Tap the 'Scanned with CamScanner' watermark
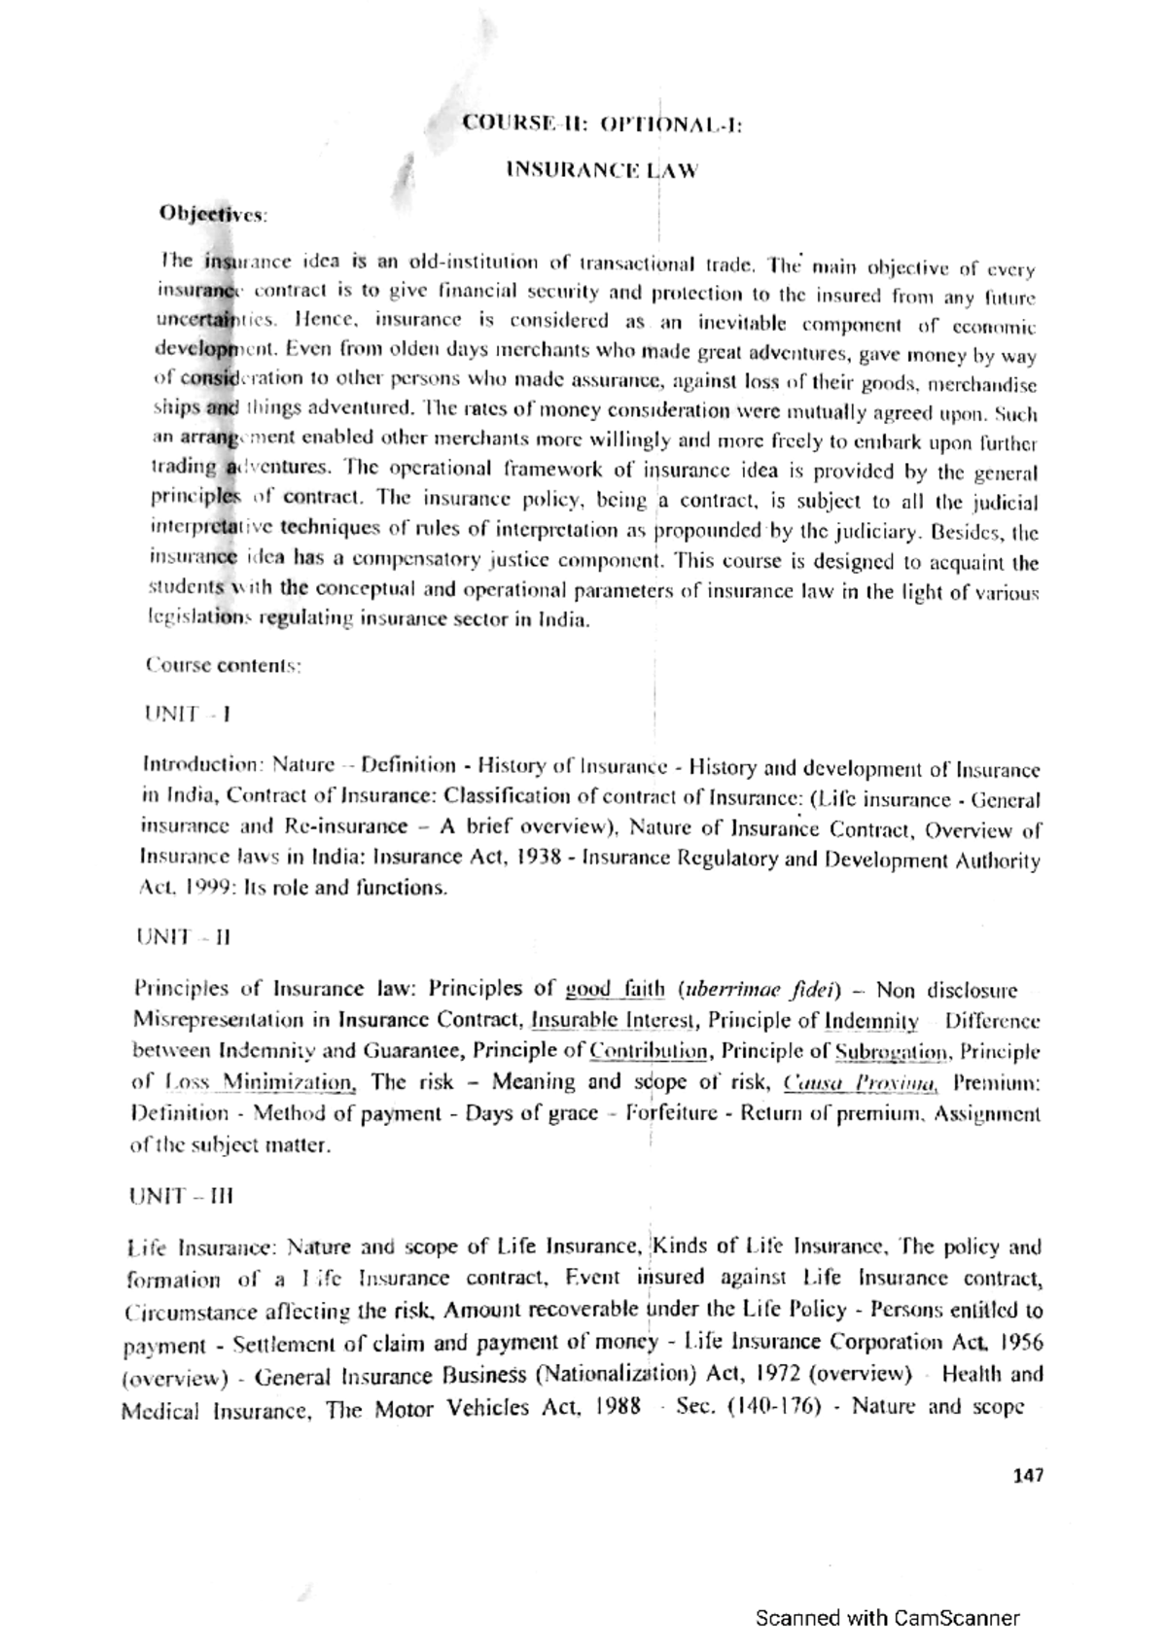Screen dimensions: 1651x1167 (888, 1619)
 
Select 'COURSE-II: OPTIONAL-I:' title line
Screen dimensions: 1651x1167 (602, 124)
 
